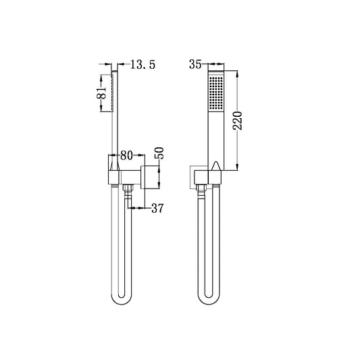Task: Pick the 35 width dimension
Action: pyautogui.click(x=195, y=66)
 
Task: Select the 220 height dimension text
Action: pyautogui.click(x=247, y=122)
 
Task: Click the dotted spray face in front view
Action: pyautogui.click(x=215, y=93)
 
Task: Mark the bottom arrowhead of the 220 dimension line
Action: pyautogui.click(x=238, y=170)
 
